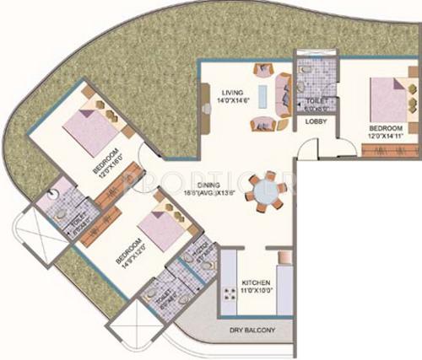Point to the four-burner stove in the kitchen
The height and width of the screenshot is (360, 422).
[x=229, y=295]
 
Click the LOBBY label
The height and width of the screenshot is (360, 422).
[x=316, y=121]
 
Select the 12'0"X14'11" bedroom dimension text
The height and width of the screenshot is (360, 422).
[x=390, y=134]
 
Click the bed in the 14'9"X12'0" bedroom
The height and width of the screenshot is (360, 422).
[x=159, y=228]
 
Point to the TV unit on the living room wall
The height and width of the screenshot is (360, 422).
[x=205, y=100]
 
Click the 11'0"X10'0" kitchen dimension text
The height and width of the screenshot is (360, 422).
[x=257, y=291]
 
